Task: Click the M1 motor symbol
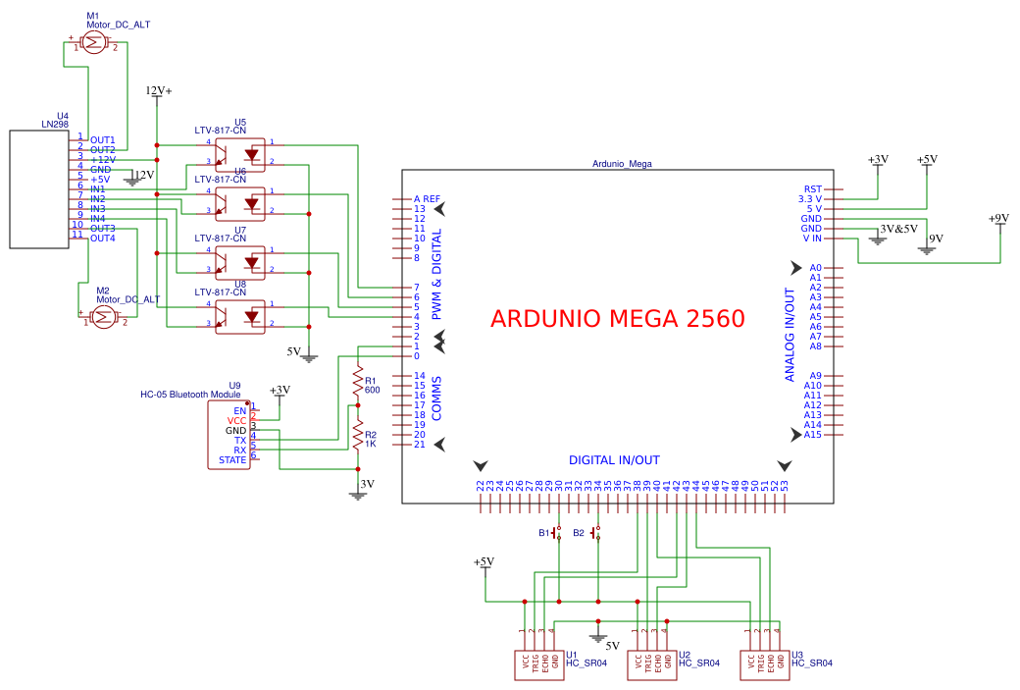pyautogui.click(x=94, y=42)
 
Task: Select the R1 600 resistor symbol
pyautogui.click(x=357, y=384)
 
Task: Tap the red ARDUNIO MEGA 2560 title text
pyautogui.click(x=617, y=319)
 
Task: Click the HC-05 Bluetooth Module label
pyautogui.click(x=190, y=395)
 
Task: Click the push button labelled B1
pyautogui.click(x=557, y=533)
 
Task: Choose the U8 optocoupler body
pyautogui.click(x=240, y=316)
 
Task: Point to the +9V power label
pyautogui.click(x=998, y=219)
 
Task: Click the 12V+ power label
pyautogui.click(x=158, y=91)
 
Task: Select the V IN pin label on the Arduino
pyautogui.click(x=811, y=239)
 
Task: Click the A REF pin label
pyautogui.click(x=427, y=199)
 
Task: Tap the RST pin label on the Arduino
pyautogui.click(x=813, y=189)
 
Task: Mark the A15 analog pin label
pyautogui.click(x=812, y=435)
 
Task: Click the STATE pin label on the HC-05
pyautogui.click(x=232, y=459)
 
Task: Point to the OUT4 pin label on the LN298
pyautogui.click(x=103, y=239)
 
